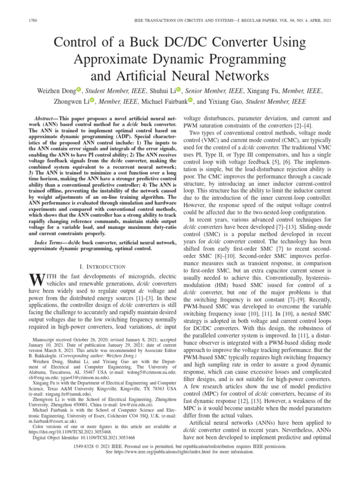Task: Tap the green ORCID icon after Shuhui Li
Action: (179, 89)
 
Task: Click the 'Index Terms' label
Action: (52, 242)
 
